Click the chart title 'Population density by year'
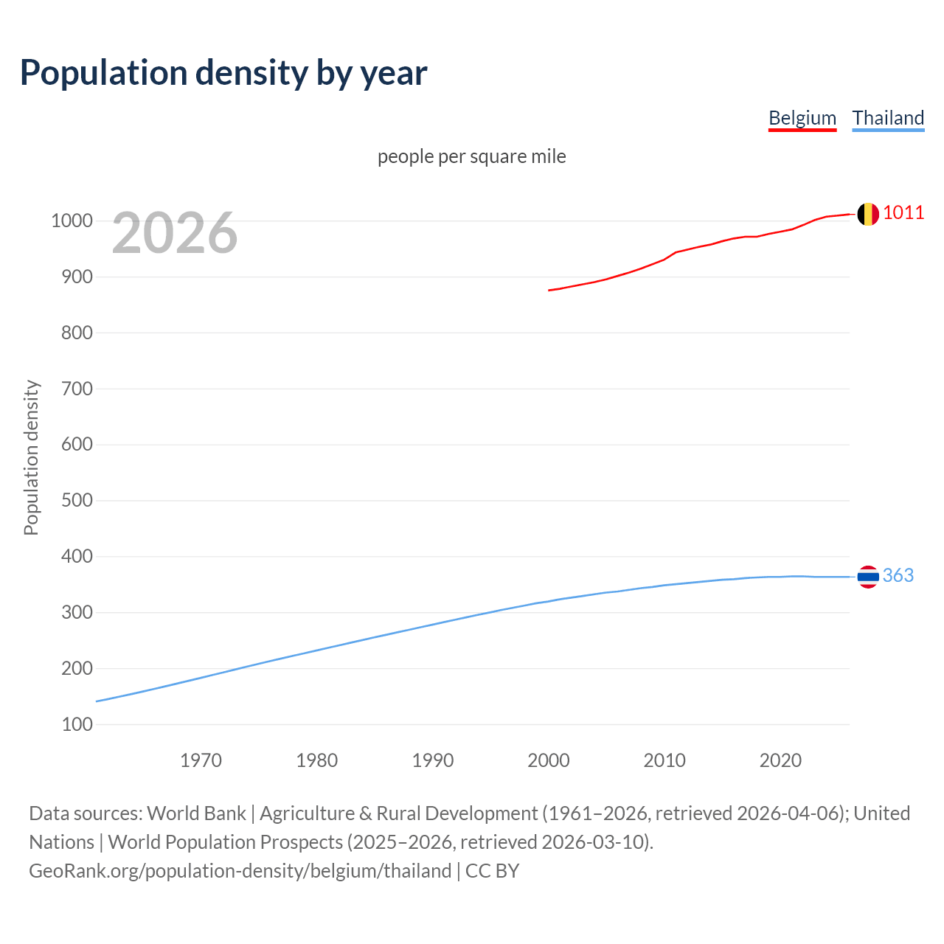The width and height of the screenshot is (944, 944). click(x=223, y=73)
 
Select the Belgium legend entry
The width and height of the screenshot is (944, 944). click(x=802, y=118)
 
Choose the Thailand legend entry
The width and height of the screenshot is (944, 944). click(x=888, y=118)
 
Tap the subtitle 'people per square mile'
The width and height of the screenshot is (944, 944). click(x=471, y=156)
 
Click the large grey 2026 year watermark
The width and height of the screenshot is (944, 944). click(x=175, y=233)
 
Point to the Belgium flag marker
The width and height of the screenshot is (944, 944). click(x=867, y=214)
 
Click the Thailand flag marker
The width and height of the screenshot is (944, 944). click(x=867, y=576)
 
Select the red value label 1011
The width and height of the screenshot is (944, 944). click(x=903, y=213)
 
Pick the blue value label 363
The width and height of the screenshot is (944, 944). click(x=898, y=576)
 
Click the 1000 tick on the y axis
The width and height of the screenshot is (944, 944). click(x=72, y=221)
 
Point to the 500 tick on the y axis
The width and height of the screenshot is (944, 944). click(x=77, y=501)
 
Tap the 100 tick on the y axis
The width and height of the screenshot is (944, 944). click(x=77, y=724)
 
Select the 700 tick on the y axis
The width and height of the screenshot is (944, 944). click(x=77, y=389)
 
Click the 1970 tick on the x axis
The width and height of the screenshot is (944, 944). click(x=201, y=760)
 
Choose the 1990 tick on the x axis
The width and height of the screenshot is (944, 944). click(x=433, y=760)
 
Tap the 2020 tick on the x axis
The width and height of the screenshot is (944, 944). click(x=780, y=760)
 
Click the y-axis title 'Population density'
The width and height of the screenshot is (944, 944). click(x=31, y=457)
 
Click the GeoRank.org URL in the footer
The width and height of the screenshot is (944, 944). click(x=240, y=871)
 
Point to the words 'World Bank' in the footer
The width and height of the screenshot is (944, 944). click(x=196, y=813)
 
